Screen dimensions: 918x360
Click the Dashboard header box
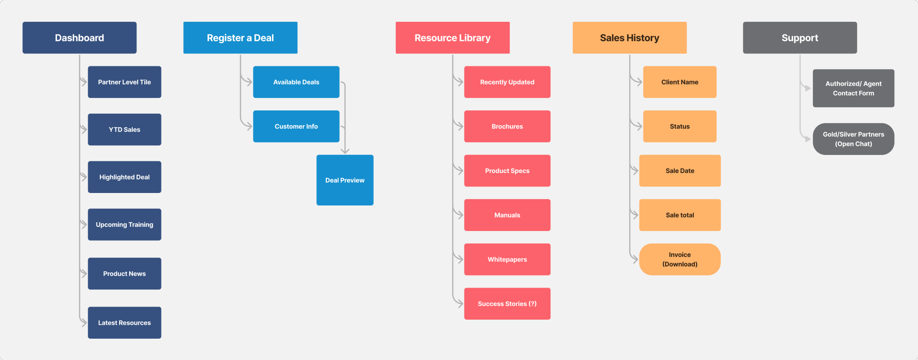[79, 38]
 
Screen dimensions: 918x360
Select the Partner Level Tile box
[124, 82]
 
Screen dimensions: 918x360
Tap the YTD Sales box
[124, 129]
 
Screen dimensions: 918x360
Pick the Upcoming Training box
[124, 225]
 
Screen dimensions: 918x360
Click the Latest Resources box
[124, 322]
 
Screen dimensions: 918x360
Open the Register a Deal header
[240, 38]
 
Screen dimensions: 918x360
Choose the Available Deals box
[296, 82]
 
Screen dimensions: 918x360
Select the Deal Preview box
[345, 180]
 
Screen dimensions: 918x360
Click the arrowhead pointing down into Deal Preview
[345, 151]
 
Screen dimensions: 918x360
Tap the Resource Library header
[453, 38]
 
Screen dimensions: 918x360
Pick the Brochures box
[507, 126]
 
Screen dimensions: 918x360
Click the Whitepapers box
[507, 259]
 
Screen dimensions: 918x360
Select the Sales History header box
[629, 38]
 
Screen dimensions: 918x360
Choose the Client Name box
[679, 82]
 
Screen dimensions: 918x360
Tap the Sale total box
[679, 215]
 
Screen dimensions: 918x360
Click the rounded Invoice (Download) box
[679, 259]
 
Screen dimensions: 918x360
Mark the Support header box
[800, 38]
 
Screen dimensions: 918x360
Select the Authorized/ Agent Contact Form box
[853, 88]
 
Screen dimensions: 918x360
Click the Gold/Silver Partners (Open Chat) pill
[853, 139]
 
